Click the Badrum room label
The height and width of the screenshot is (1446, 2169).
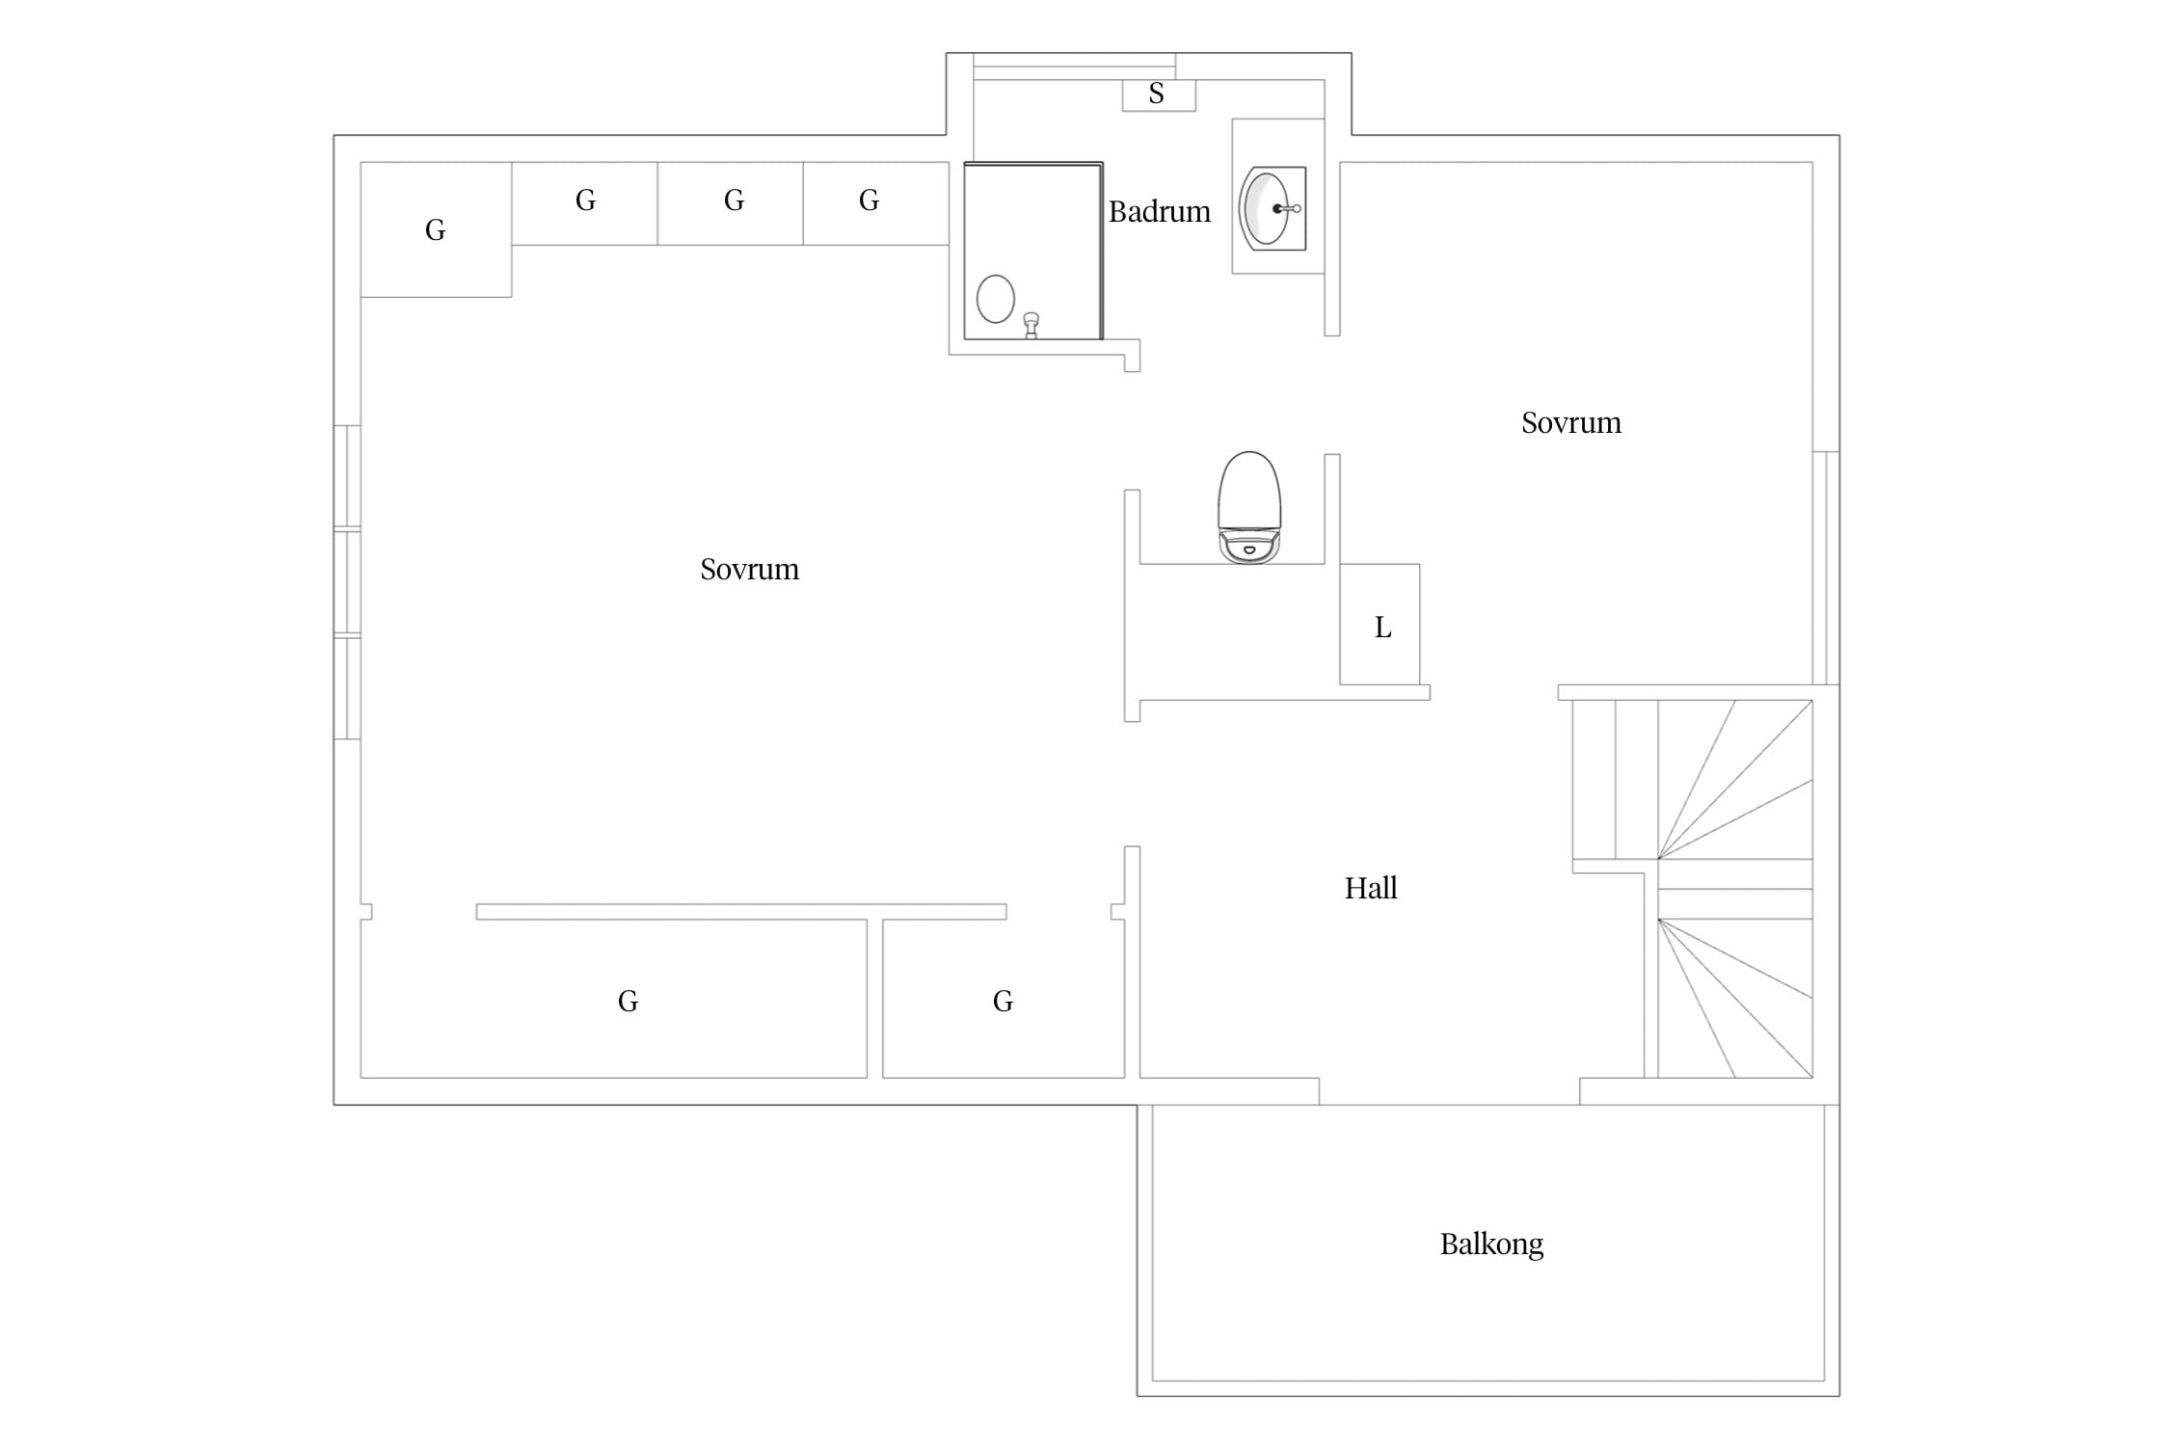click(1159, 211)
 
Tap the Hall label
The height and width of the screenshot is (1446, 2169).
click(1371, 888)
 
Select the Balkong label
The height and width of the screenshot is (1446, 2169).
click(1491, 1245)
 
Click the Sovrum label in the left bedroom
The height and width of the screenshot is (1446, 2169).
click(749, 569)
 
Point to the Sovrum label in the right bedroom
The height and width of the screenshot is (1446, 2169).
click(1571, 422)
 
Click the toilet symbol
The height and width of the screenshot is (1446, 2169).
click(1249, 507)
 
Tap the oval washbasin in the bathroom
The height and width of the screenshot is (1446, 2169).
click(1266, 208)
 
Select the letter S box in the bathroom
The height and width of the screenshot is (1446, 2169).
click(1159, 94)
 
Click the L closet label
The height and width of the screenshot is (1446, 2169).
click(1382, 628)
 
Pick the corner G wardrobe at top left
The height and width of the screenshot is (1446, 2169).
click(436, 229)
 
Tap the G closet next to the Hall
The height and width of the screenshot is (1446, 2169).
click(1004, 999)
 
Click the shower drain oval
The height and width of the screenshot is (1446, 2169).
click(996, 299)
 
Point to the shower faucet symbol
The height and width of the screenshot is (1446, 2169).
click(1031, 325)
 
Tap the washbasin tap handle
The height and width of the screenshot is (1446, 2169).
click(1288, 208)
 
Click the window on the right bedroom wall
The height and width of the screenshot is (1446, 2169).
click(1826, 568)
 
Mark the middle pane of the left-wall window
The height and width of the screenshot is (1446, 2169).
click(347, 582)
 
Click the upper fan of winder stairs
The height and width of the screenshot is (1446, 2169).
click(1735, 779)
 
